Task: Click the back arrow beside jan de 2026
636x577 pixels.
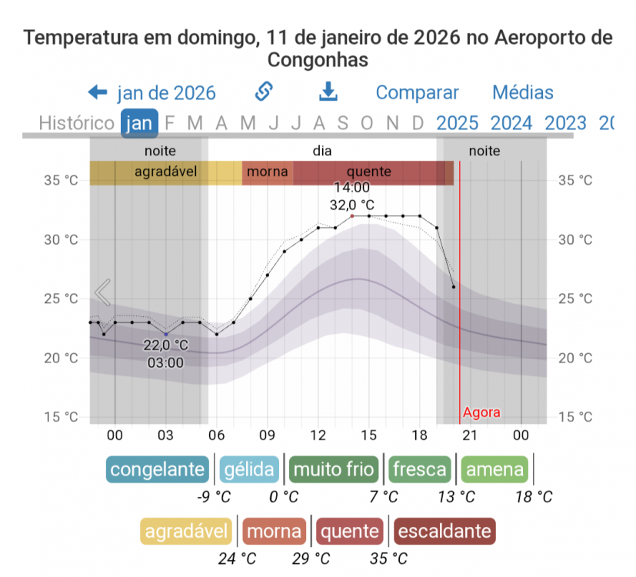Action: [x=98, y=93]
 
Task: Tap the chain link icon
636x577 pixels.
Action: [x=264, y=92]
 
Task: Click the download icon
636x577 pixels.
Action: [x=328, y=92]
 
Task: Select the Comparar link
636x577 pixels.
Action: [x=417, y=93]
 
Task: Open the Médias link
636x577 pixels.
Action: [x=522, y=93]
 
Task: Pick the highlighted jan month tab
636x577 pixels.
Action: [x=139, y=123]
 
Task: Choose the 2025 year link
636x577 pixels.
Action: [x=457, y=123]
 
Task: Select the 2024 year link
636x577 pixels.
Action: [x=511, y=123]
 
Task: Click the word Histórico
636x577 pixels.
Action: [x=76, y=123]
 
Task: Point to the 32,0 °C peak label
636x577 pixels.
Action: [x=352, y=205]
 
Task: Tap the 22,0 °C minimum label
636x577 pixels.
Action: [x=166, y=345]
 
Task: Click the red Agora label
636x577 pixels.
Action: [x=481, y=413]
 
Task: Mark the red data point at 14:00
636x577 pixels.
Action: [x=352, y=216]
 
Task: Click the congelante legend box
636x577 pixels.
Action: [x=158, y=469]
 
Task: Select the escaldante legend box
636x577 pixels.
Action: [x=443, y=531]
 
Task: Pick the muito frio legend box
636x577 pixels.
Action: [x=334, y=469]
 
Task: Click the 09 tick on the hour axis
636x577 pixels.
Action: [x=267, y=435]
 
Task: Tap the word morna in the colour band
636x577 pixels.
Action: [x=268, y=172]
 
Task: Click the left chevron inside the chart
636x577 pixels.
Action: [x=102, y=292]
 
